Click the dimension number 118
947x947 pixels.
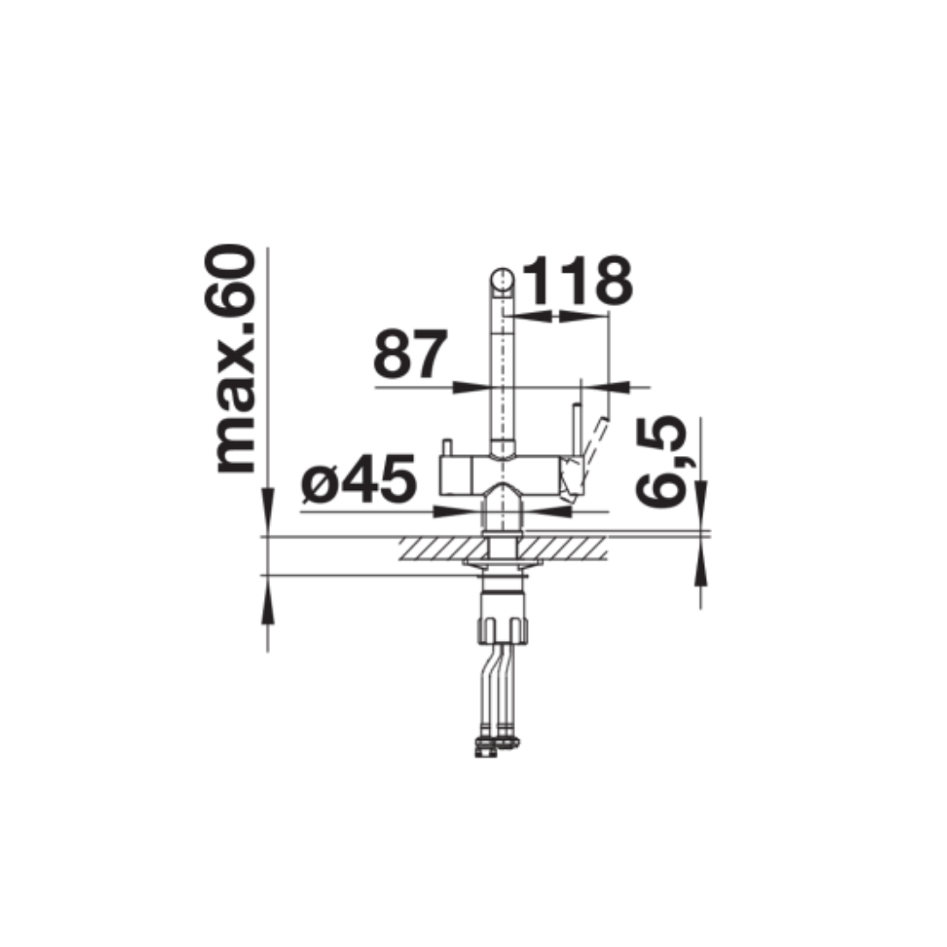pyautogui.click(x=577, y=281)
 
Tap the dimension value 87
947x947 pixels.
pyautogui.click(x=410, y=353)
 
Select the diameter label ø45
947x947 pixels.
pyautogui.click(x=360, y=479)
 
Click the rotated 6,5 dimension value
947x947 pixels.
pyautogui.click(x=663, y=462)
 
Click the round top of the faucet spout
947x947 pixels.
pyautogui.click(x=502, y=281)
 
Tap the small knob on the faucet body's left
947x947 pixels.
pyautogui.click(x=447, y=448)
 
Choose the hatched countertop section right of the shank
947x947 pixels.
pyautogui.click(x=564, y=549)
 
